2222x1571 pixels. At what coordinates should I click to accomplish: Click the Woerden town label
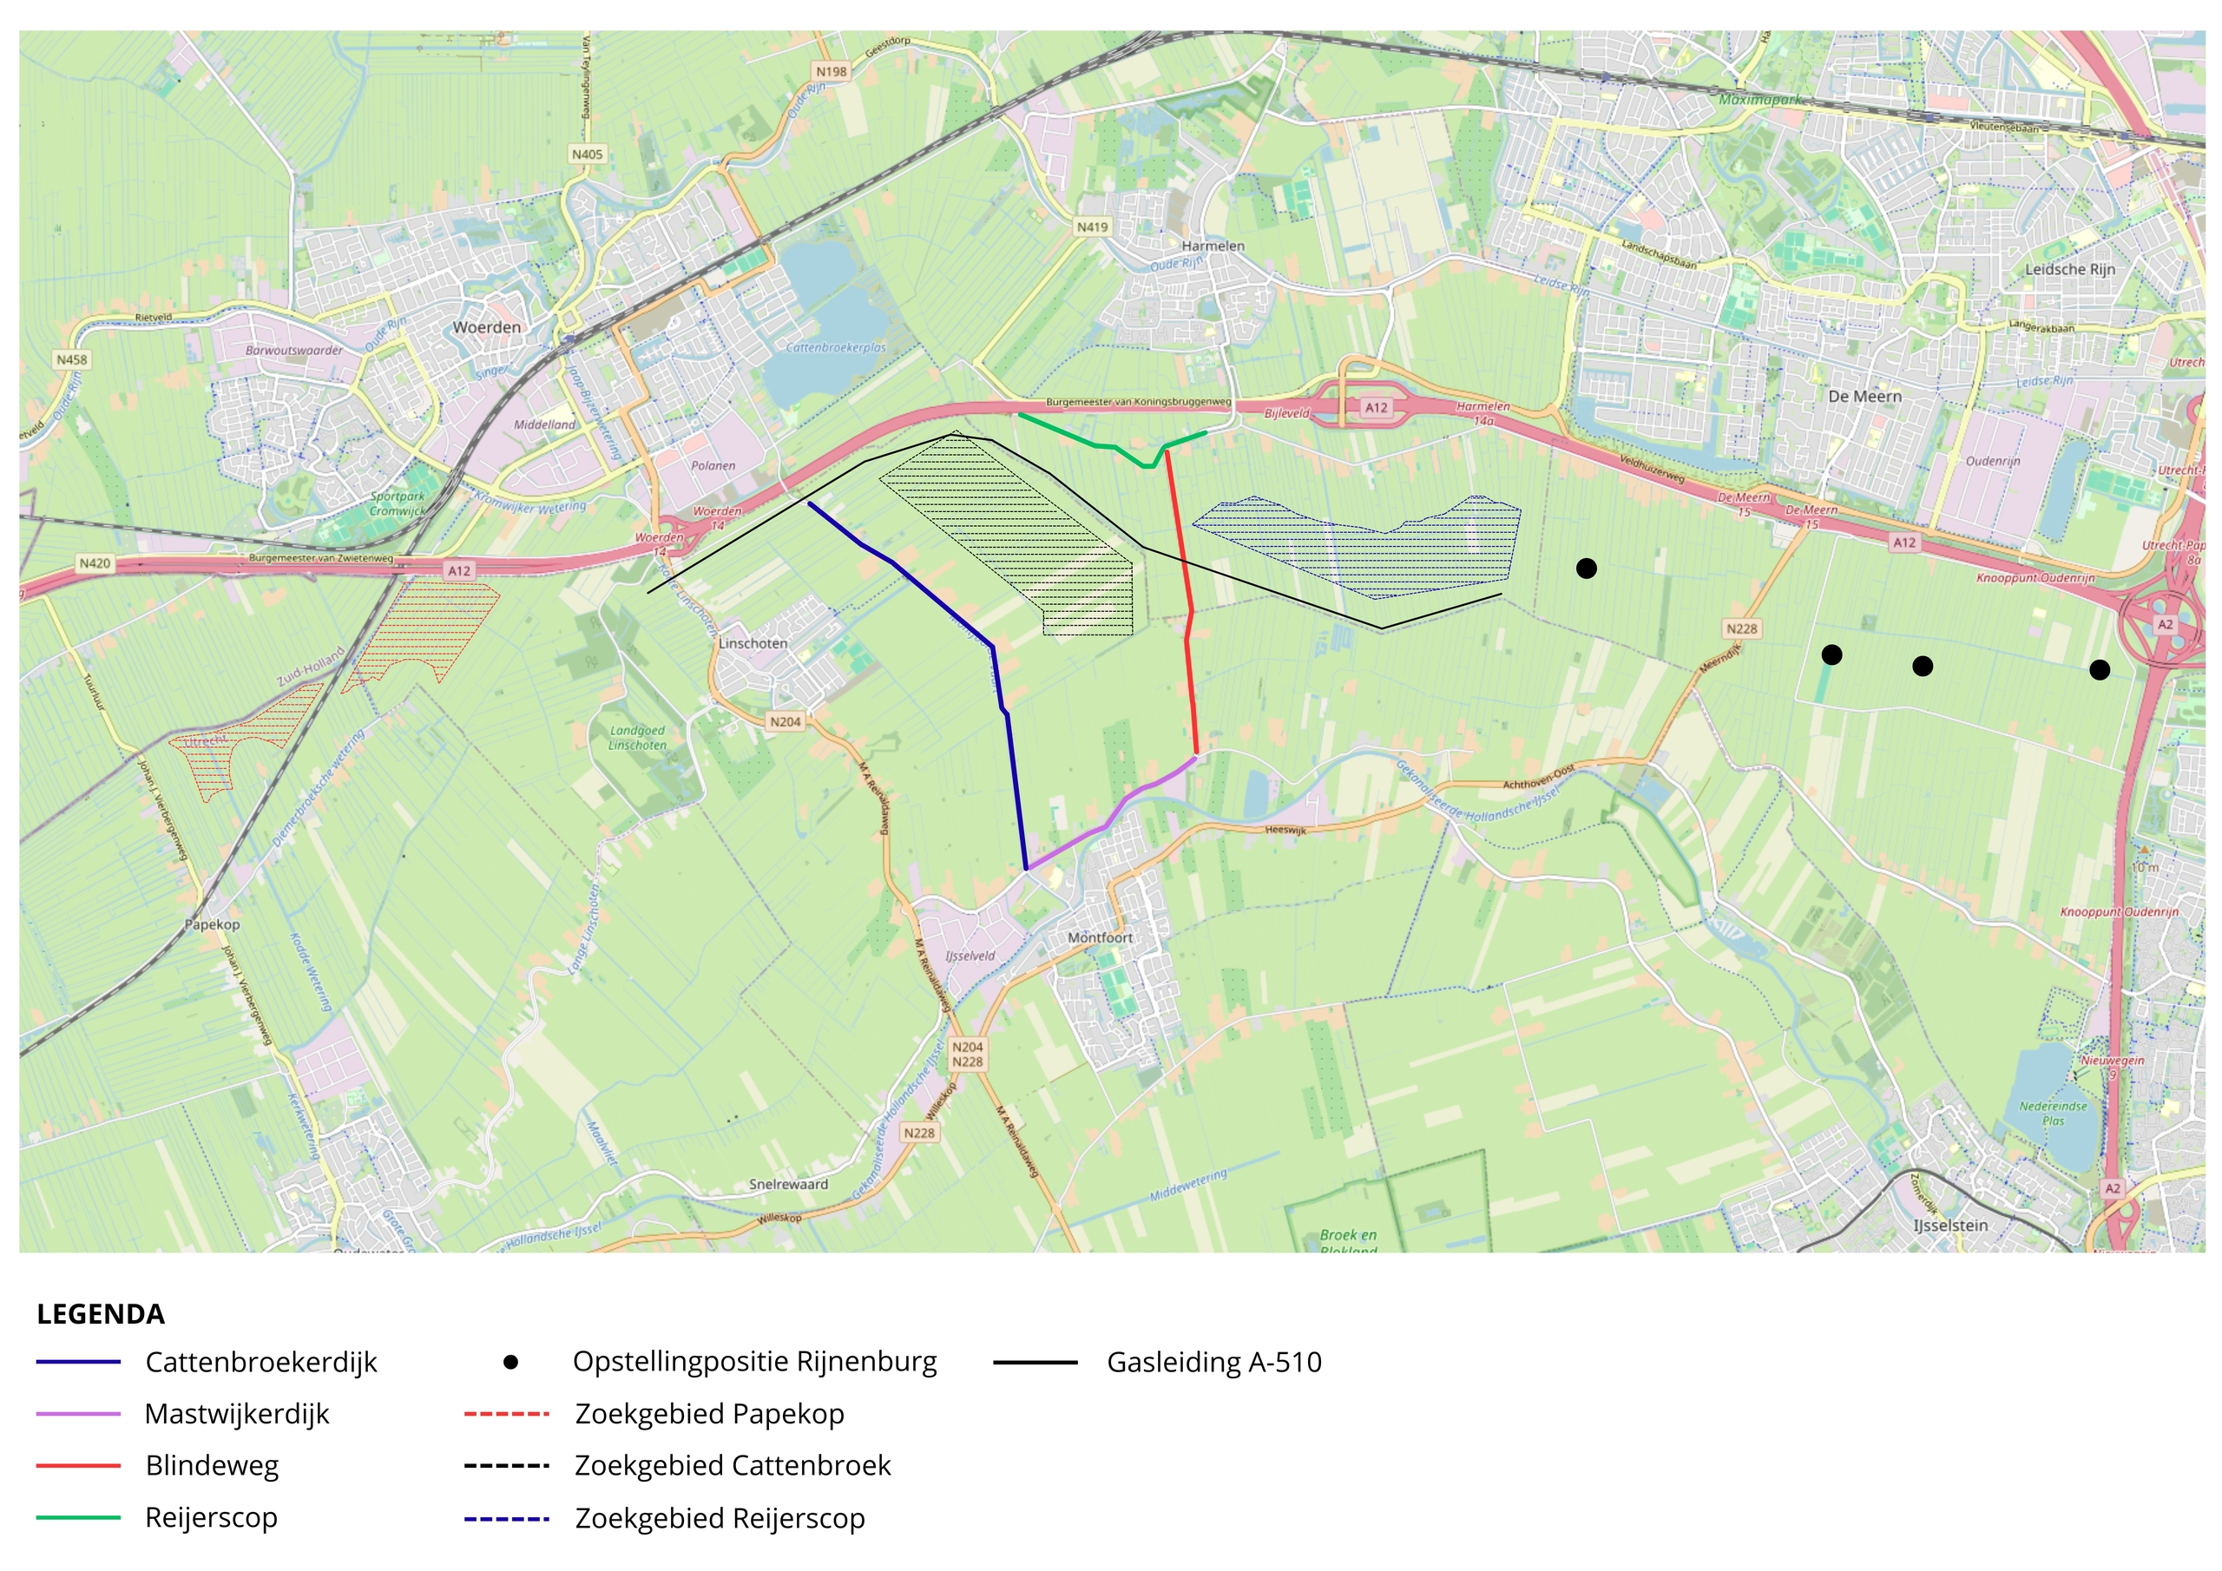487,327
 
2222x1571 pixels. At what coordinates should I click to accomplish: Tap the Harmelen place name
1213,246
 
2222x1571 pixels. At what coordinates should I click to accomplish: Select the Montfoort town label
1100,937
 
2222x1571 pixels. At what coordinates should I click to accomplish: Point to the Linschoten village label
753,643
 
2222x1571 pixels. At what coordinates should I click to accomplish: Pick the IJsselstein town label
1950,1226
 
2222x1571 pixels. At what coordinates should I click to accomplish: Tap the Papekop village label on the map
212,924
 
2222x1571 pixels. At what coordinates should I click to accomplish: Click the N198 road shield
832,72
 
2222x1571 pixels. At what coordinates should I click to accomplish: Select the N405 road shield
587,154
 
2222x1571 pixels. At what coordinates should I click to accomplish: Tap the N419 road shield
1092,227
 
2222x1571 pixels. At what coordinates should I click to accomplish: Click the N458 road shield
72,359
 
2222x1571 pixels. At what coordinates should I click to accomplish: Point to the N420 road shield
94,562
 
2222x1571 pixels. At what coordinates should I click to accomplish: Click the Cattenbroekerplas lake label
835,347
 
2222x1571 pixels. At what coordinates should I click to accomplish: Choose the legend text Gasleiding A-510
1213,1362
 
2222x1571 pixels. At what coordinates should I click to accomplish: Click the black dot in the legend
511,1362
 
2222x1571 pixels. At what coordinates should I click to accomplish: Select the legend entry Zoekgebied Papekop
709,1414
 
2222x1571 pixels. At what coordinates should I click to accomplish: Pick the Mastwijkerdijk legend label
237,1414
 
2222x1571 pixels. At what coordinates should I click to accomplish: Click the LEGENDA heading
101,1313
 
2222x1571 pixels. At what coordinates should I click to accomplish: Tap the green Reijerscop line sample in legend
78,1518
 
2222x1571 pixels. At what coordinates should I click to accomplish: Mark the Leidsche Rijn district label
2070,269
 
